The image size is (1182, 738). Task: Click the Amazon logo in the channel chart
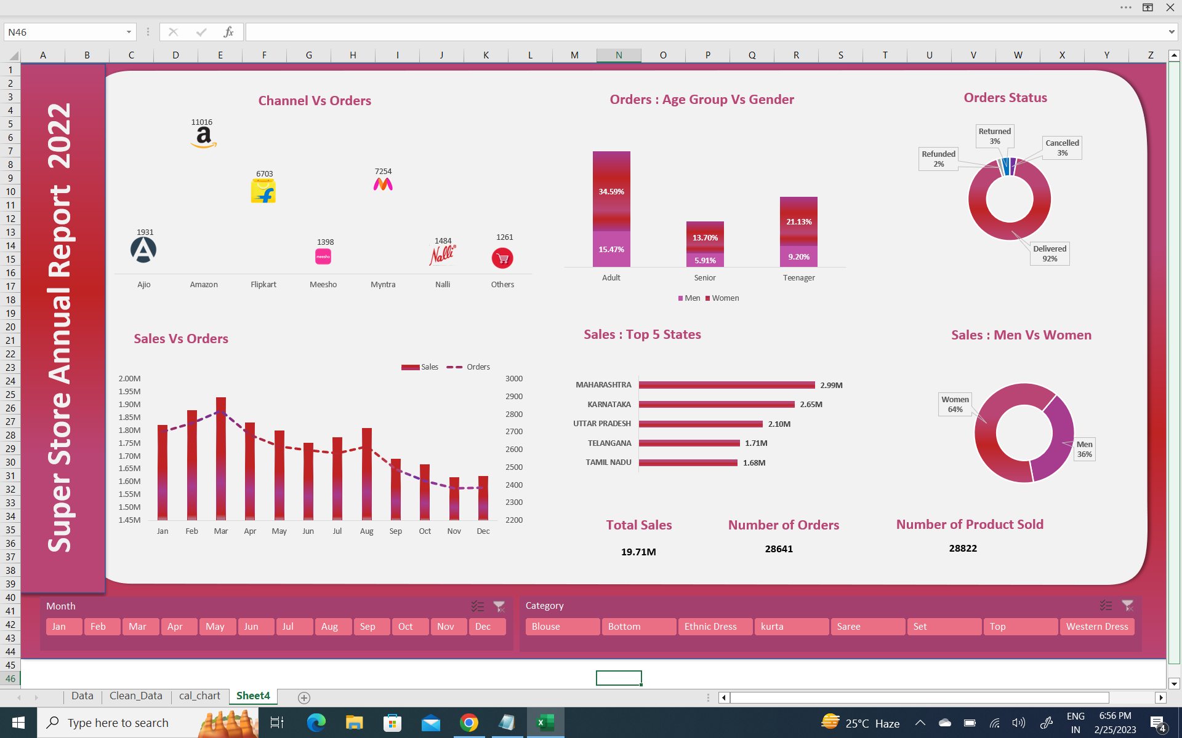[203, 138]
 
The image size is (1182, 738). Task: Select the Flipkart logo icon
[263, 192]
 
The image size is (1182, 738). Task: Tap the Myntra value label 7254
[383, 172]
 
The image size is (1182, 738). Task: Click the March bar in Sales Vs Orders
[221, 458]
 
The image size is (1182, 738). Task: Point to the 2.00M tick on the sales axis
[129, 379]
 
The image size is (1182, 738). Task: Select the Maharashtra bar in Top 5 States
[726, 385]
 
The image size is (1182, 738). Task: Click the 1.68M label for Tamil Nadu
[754, 463]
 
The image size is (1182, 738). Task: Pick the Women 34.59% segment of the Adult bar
[611, 191]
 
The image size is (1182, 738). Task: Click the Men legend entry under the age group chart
[689, 298]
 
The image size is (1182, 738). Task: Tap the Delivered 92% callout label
[1050, 253]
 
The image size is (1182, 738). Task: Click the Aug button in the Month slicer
[329, 627]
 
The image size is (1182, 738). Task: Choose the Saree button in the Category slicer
[867, 627]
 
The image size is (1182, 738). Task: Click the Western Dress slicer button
[1096, 627]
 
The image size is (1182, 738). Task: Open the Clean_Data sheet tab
[135, 696]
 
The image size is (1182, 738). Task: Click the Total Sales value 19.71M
[638, 552]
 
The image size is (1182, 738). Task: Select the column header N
[619, 55]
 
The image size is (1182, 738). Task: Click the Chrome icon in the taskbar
[469, 723]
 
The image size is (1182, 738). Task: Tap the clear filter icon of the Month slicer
[499, 607]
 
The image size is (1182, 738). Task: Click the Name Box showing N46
[62, 32]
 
